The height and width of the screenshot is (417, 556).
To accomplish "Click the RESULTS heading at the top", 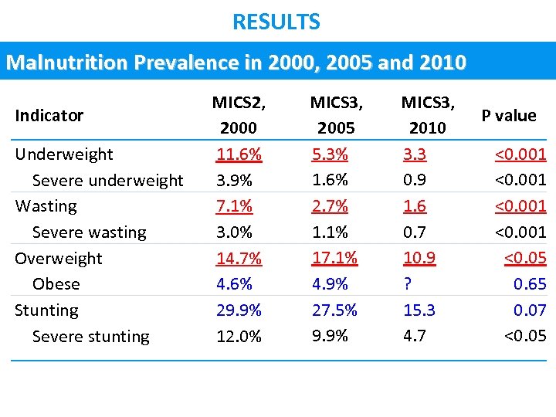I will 276,22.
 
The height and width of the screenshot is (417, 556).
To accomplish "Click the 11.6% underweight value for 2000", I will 239,154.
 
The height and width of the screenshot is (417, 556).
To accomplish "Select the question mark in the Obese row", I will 407,284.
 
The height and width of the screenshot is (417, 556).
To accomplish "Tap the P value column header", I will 508,116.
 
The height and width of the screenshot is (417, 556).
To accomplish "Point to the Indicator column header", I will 49,116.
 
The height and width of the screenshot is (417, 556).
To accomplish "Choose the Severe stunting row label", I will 90,337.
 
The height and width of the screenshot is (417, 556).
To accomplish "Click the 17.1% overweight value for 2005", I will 334,258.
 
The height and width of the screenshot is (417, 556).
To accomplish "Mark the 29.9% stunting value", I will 239,310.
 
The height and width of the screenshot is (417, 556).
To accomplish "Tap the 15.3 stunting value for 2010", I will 419,310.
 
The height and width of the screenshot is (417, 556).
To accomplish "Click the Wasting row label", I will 46,206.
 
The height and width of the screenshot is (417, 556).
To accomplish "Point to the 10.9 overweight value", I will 419,258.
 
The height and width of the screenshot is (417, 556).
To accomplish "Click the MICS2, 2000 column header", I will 239,115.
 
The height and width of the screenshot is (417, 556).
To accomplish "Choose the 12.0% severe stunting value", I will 239,337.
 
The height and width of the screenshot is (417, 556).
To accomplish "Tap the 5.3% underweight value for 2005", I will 330,154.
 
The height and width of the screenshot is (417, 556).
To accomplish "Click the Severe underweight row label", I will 107,181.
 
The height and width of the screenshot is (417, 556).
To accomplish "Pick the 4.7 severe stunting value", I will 414,336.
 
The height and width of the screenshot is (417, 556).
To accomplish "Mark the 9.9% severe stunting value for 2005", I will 330,336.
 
